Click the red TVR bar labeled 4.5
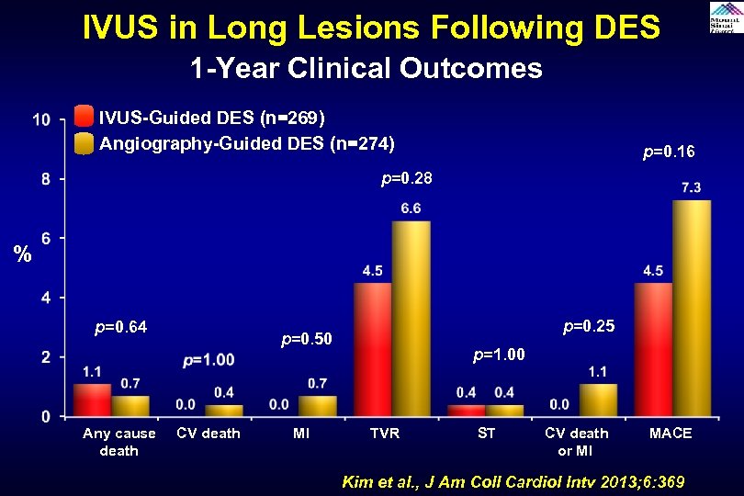373,349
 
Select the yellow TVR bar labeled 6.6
411,318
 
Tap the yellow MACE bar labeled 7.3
691,308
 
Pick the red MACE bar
653,349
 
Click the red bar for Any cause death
92,400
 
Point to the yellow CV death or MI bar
598,400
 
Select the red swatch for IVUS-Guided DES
84,117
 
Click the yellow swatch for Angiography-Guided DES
84,143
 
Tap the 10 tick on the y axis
41,119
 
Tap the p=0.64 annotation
121,326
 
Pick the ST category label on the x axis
486,434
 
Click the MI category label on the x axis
300,434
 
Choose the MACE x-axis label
671,434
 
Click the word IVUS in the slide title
121,28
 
